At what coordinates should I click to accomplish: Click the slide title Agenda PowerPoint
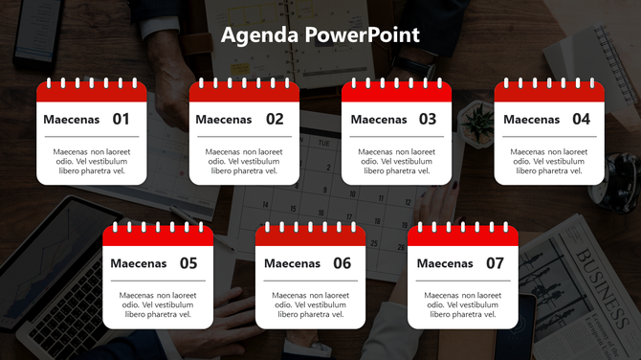pyautogui.click(x=320, y=36)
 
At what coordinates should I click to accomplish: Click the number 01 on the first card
pyautogui.click(x=121, y=120)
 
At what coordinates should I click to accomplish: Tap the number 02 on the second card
pyautogui.click(x=275, y=120)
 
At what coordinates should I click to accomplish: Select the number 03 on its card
pyautogui.click(x=427, y=120)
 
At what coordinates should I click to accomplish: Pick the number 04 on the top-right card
pyautogui.click(x=581, y=120)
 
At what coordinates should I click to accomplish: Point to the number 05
pyautogui.click(x=188, y=263)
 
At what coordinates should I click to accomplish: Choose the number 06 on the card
pyautogui.click(x=342, y=263)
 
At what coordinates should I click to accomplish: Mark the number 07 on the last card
pyautogui.click(x=495, y=263)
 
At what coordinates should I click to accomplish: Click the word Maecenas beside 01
pyautogui.click(x=72, y=120)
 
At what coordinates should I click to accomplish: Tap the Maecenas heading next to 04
pyautogui.click(x=531, y=120)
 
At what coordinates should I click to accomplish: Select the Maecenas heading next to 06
pyautogui.click(x=292, y=263)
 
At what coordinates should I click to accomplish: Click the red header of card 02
pyautogui.click(x=244, y=93)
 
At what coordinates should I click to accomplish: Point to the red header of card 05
pyautogui.click(x=158, y=236)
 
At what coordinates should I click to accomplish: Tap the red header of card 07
pyautogui.click(x=463, y=236)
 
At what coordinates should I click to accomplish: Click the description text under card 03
pyautogui.click(x=396, y=161)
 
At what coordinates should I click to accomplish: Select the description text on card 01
pyautogui.click(x=92, y=161)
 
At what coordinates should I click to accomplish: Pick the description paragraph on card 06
pyautogui.click(x=310, y=304)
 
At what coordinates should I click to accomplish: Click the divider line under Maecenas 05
pyautogui.click(x=158, y=281)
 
